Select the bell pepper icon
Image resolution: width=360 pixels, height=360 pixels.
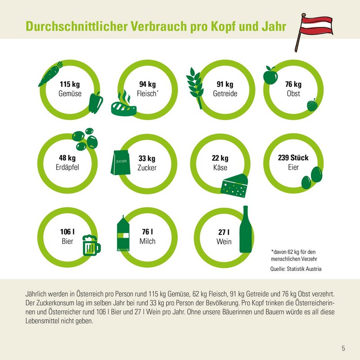(x=96, y=103)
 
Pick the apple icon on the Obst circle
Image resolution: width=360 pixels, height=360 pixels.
(x=270, y=76)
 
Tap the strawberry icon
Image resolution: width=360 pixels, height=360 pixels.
(x=312, y=105)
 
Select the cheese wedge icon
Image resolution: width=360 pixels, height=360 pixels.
(x=235, y=185)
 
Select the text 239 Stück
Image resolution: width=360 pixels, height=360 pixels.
(x=293, y=158)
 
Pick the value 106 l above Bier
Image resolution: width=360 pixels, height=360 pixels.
(x=67, y=232)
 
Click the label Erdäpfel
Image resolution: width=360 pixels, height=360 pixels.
(x=67, y=167)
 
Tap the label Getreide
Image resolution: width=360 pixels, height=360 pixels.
(x=225, y=94)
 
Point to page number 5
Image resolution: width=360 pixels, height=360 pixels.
(x=343, y=348)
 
